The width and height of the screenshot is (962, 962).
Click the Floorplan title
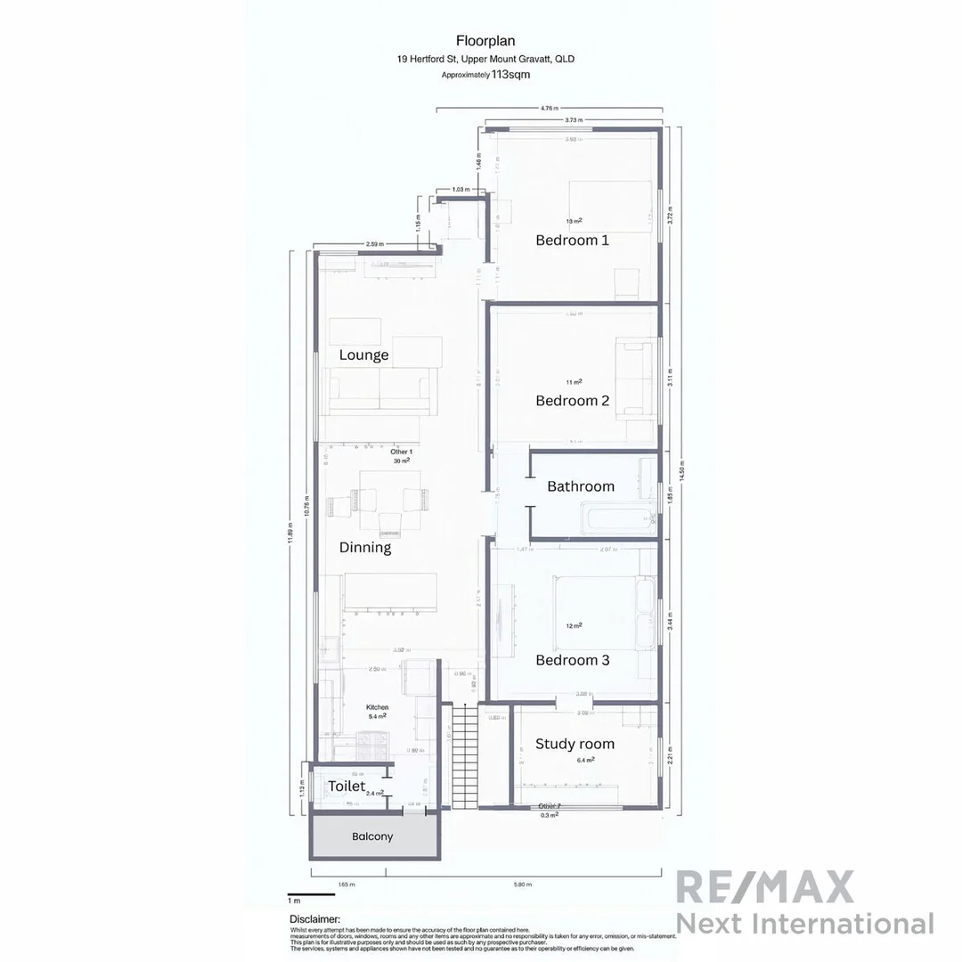click(485, 40)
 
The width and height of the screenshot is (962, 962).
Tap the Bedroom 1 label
click(572, 240)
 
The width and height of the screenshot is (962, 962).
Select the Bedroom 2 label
click(572, 401)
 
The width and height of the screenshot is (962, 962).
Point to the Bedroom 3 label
click(572, 660)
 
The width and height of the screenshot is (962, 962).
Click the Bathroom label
click(581, 486)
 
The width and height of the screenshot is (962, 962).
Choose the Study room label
click(575, 744)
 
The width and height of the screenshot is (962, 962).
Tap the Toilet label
click(346, 787)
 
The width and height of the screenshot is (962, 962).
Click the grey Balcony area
click(372, 836)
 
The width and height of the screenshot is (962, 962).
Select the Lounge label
click(363, 355)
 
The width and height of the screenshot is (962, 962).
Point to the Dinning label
click(365, 547)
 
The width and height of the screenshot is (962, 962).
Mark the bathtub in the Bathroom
click(616, 518)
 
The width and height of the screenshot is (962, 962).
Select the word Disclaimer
click(314, 918)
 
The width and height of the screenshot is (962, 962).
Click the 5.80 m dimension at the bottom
click(523, 885)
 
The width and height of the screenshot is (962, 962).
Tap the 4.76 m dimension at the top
click(550, 108)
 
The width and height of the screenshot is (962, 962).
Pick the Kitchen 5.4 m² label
click(377, 711)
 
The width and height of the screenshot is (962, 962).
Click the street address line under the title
click(485, 60)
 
